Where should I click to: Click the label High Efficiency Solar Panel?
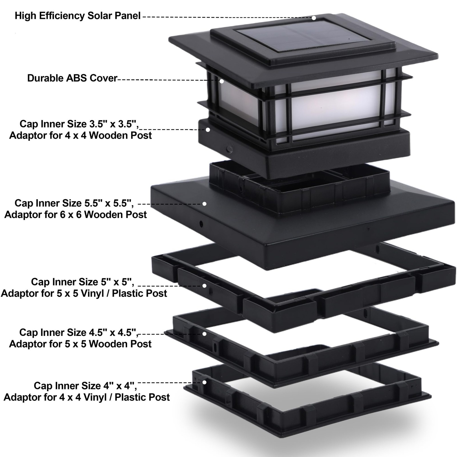click(77, 16)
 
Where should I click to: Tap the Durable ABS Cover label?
click(72, 78)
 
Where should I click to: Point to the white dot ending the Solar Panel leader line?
click(314, 18)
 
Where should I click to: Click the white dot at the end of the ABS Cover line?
click(222, 81)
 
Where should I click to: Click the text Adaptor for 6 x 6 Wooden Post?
click(75, 215)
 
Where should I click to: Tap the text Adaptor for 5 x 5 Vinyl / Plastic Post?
click(84, 293)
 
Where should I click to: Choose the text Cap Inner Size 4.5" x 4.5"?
click(79, 332)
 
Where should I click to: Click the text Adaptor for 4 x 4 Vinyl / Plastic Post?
click(87, 397)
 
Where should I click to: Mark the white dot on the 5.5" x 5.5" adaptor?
click(205, 204)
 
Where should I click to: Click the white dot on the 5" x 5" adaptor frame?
click(205, 286)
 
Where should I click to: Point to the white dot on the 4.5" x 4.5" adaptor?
click(205, 334)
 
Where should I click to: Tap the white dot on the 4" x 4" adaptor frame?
click(205, 382)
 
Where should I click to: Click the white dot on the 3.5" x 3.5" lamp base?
click(208, 130)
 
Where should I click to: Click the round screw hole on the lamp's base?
click(229, 149)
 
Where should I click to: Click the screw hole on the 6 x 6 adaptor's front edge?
click(201, 224)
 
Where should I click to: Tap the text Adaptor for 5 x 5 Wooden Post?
click(80, 344)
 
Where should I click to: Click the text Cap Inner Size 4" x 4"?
click(85, 386)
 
